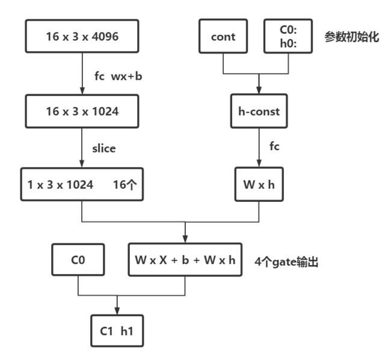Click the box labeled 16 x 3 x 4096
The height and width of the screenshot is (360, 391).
click(x=82, y=36)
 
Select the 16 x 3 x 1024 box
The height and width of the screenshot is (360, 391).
click(x=82, y=111)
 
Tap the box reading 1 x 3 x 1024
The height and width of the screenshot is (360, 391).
click(x=82, y=185)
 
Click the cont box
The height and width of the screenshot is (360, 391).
click(x=223, y=36)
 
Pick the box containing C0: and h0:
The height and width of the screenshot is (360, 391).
click(x=288, y=36)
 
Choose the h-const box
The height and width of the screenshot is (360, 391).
click(x=259, y=111)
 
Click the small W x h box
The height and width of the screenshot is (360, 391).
click(x=259, y=185)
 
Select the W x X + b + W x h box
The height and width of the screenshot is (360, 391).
click(x=185, y=260)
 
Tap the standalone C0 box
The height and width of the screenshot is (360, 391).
click(x=78, y=260)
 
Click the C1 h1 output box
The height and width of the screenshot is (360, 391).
click(x=117, y=331)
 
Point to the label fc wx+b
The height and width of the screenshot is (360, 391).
click(x=118, y=76)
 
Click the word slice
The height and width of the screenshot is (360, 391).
click(x=104, y=148)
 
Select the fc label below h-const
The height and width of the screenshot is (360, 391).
click(x=274, y=146)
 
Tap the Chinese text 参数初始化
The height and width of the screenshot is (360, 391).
click(x=352, y=37)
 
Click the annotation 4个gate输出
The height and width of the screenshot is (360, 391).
click(x=286, y=262)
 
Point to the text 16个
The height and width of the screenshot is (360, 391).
click(x=125, y=185)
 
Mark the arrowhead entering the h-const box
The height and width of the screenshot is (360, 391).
click(x=259, y=90)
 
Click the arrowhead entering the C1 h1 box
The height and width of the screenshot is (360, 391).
click(x=117, y=311)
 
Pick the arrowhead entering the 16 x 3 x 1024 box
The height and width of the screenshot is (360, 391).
click(x=82, y=91)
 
